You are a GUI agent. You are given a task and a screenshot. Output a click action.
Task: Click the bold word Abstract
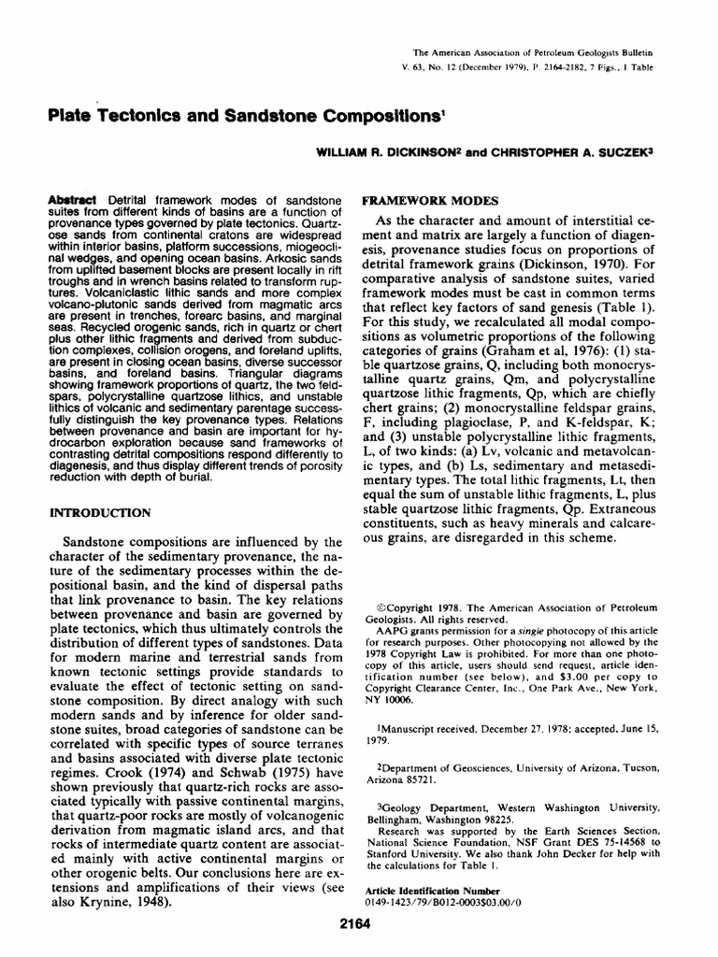(x=75, y=202)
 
